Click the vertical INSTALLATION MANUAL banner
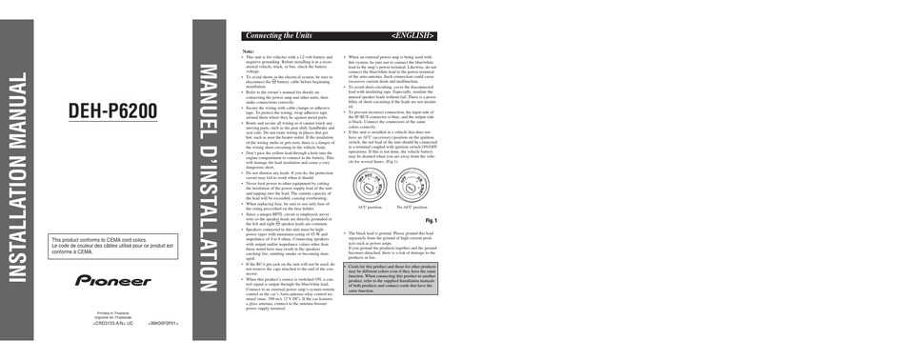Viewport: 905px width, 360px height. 22,179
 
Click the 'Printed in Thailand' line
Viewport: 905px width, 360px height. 113,312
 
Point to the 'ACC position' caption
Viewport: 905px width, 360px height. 369,206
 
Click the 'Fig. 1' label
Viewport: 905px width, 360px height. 430,220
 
